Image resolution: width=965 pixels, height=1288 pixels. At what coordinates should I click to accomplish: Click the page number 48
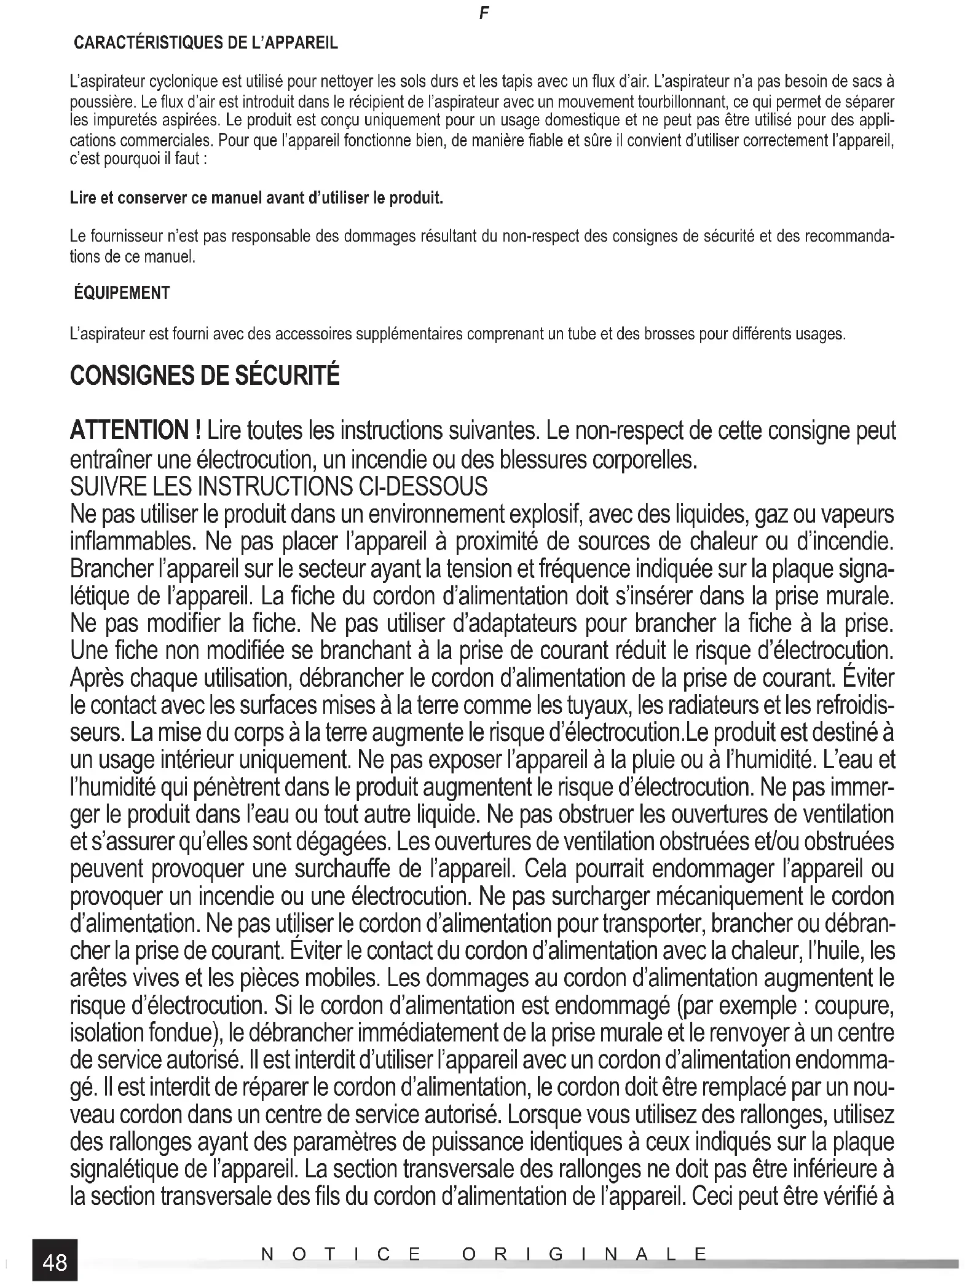coord(55,1262)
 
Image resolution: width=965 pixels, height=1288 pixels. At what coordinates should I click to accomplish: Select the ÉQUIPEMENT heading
coord(122,293)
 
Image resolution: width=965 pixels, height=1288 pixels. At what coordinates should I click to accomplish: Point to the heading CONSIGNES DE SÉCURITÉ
coord(205,376)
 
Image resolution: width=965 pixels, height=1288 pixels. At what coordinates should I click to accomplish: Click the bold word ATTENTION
coord(130,430)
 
